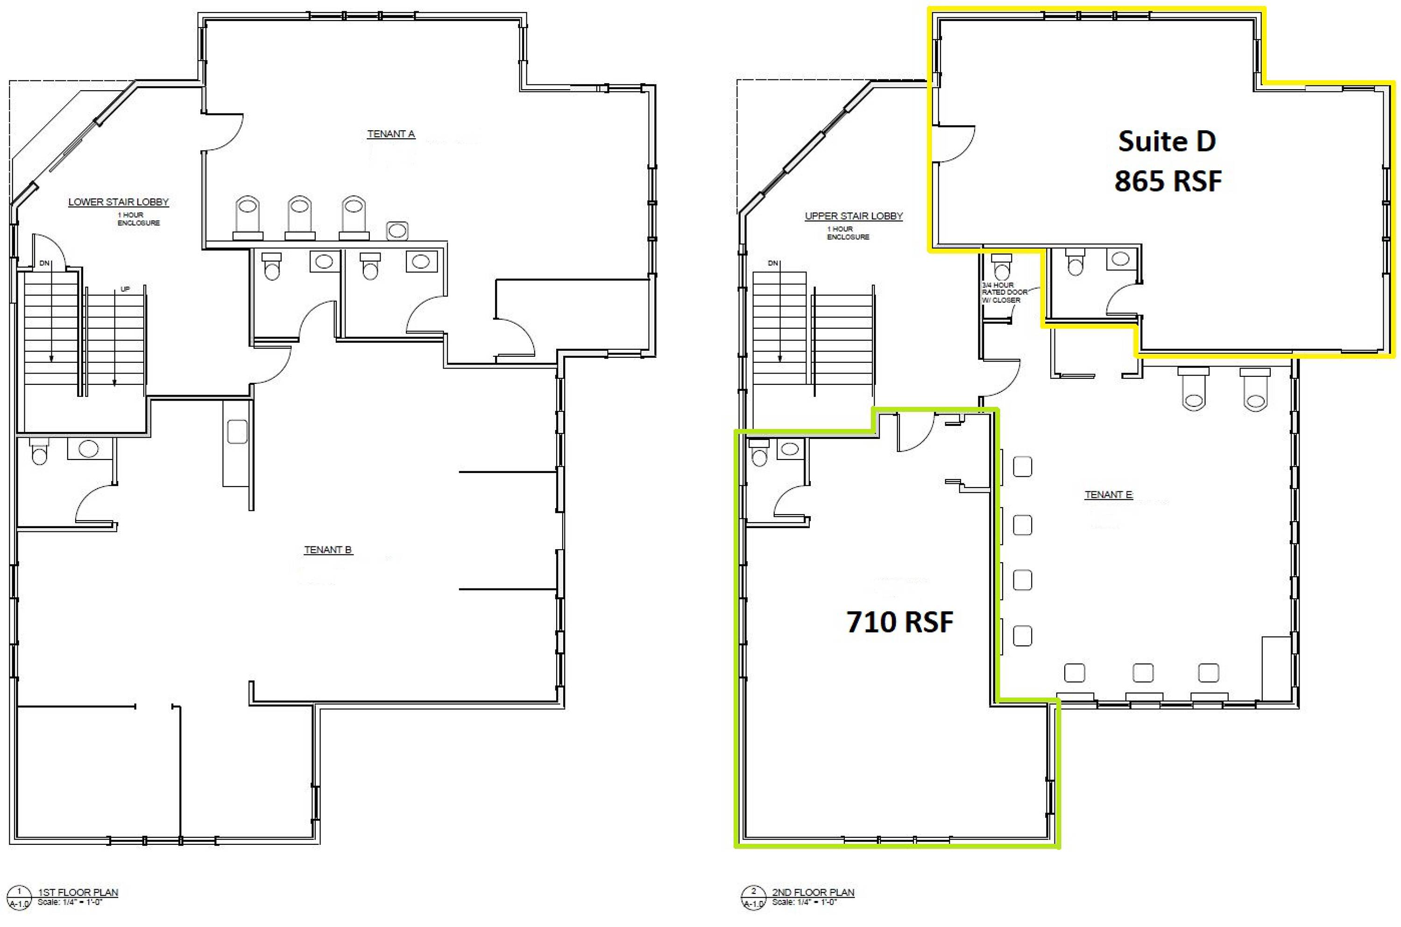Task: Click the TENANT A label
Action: (x=391, y=134)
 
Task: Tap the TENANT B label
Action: (x=327, y=550)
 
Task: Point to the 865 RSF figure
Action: (x=1167, y=180)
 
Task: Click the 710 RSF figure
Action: (x=900, y=622)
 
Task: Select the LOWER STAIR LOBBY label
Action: (x=118, y=202)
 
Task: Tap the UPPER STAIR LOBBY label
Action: (x=854, y=216)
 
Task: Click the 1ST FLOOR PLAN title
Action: (x=78, y=892)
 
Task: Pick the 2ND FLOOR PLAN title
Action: (x=813, y=892)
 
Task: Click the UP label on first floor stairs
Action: (x=125, y=289)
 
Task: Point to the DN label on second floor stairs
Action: (x=772, y=263)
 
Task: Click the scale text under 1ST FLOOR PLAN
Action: (x=70, y=903)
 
